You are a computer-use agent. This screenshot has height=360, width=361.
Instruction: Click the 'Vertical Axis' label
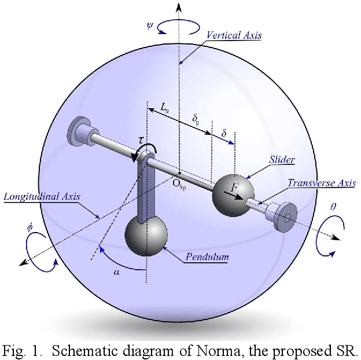point(233,35)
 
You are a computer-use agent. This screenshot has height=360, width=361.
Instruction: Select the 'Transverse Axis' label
point(322,183)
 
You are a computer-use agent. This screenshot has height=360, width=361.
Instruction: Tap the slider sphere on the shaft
point(233,193)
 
